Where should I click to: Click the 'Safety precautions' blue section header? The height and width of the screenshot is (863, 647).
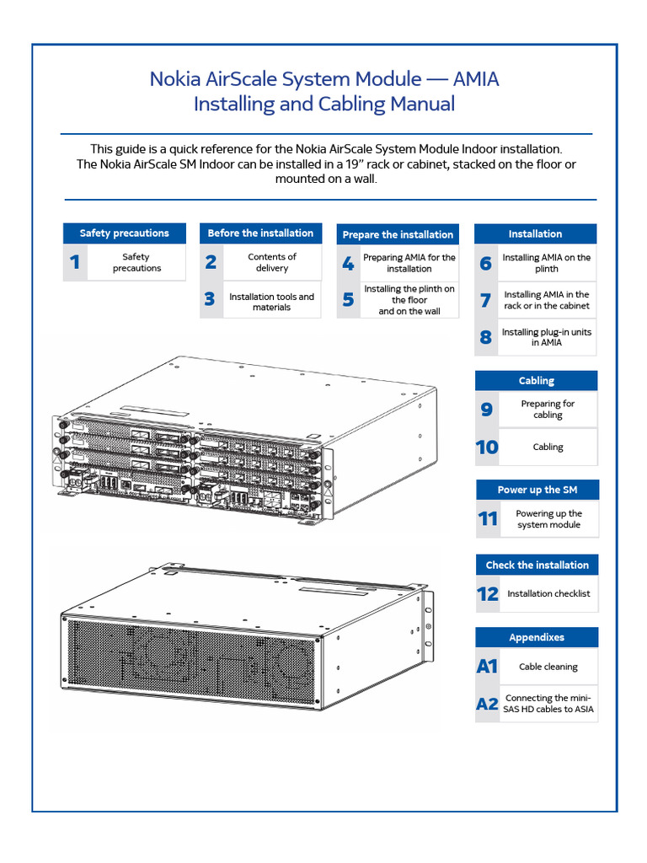click(x=125, y=233)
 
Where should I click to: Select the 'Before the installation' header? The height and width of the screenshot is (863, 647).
click(x=260, y=233)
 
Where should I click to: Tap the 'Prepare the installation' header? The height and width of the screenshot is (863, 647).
click(x=398, y=234)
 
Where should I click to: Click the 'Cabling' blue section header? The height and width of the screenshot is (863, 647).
click(x=536, y=381)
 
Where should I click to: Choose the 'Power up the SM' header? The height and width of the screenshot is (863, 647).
click(x=537, y=490)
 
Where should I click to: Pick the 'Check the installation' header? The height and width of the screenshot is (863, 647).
click(x=537, y=565)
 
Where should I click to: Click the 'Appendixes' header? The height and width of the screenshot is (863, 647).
click(x=537, y=637)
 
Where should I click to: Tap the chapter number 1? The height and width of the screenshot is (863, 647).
click(x=75, y=263)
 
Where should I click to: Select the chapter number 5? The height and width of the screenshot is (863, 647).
click(x=348, y=300)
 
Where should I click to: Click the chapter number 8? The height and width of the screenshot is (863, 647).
click(x=485, y=338)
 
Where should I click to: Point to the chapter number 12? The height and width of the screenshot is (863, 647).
click(x=487, y=594)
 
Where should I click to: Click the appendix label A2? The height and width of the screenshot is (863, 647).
click(x=487, y=704)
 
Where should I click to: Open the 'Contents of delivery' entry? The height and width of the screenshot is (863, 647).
click(x=272, y=263)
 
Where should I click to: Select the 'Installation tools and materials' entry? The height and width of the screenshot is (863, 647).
click(x=271, y=302)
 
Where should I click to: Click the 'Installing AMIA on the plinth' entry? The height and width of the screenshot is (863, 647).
click(x=547, y=263)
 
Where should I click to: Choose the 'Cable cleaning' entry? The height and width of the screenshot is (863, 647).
click(x=548, y=667)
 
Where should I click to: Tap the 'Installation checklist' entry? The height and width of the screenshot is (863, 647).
click(x=548, y=594)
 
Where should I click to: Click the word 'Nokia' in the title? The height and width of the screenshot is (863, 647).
click(x=178, y=79)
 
